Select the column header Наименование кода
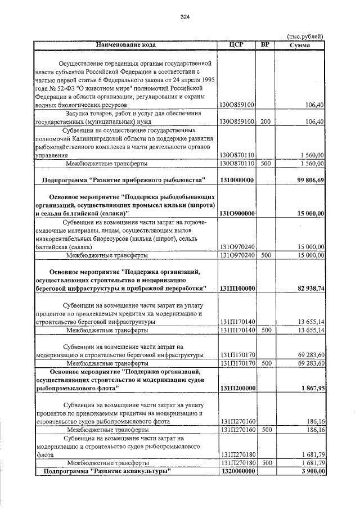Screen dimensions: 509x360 125,43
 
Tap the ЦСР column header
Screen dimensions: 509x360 237,43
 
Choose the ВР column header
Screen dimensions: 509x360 265,43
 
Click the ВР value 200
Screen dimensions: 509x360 265,121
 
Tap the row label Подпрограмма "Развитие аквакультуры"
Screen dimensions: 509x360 107,471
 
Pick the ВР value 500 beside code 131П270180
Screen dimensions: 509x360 266,462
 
